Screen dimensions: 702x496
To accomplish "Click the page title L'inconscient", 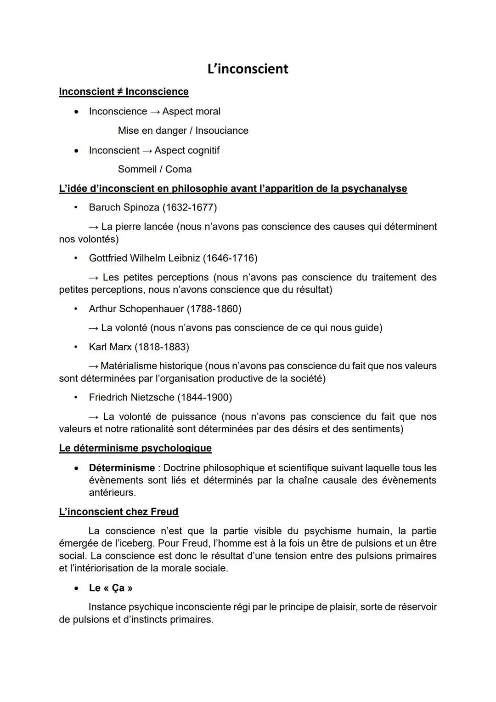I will pyautogui.click(x=248, y=69).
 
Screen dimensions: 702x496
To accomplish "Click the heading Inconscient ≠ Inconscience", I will pyautogui.click(x=124, y=91).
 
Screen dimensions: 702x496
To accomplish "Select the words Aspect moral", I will pyautogui.click(x=191, y=111).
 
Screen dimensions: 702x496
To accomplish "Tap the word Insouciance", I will pyautogui.click(x=222, y=131).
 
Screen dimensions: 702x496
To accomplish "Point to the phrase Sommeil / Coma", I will pyautogui.click(x=155, y=169).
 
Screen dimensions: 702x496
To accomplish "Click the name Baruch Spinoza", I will pyautogui.click(x=124, y=207).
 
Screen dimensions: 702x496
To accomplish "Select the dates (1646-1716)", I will pyautogui.click(x=230, y=258).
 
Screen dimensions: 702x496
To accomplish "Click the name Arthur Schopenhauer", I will pyautogui.click(x=136, y=308).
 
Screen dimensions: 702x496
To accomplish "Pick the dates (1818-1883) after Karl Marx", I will pyautogui.click(x=162, y=347).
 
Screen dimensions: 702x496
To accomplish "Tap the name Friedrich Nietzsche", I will pyautogui.click(x=131, y=397).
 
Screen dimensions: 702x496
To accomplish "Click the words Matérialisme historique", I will pyautogui.click(x=151, y=366).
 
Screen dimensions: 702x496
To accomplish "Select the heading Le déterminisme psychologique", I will pyautogui.click(x=135, y=448).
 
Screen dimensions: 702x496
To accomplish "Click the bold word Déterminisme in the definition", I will pyautogui.click(x=122, y=468).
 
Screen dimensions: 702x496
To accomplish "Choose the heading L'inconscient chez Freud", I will pyautogui.click(x=118, y=512).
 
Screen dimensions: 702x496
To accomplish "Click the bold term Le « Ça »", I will pyautogui.click(x=111, y=588).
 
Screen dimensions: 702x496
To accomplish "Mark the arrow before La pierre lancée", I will pyautogui.click(x=93, y=227).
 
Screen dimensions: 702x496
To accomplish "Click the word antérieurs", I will pyautogui.click(x=112, y=492).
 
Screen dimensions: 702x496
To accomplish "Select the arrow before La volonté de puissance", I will pyautogui.click(x=94, y=417).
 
